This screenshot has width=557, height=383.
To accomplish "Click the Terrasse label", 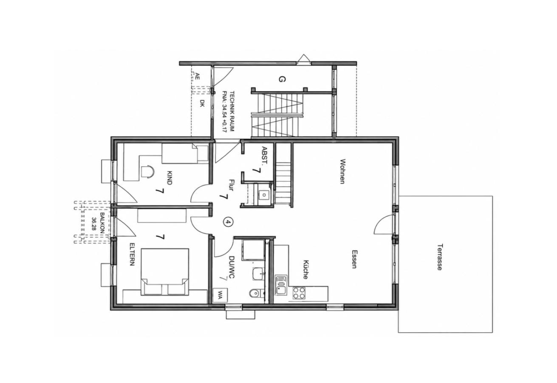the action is (x=440, y=257).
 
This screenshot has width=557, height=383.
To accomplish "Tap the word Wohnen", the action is (x=342, y=171).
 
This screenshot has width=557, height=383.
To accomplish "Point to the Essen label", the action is (x=355, y=259).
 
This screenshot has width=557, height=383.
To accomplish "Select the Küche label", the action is (x=306, y=270).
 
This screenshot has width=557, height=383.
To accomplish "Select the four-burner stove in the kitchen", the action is (x=299, y=293).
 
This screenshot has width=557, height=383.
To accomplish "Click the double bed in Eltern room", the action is (x=165, y=272).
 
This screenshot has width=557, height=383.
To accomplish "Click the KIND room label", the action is (x=170, y=177).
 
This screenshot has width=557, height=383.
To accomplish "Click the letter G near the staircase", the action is (x=282, y=79).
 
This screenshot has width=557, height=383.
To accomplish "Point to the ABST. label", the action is (x=264, y=155).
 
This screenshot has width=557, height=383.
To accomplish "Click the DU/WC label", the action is (x=232, y=269).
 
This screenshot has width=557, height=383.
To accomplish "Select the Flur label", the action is (x=231, y=185).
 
